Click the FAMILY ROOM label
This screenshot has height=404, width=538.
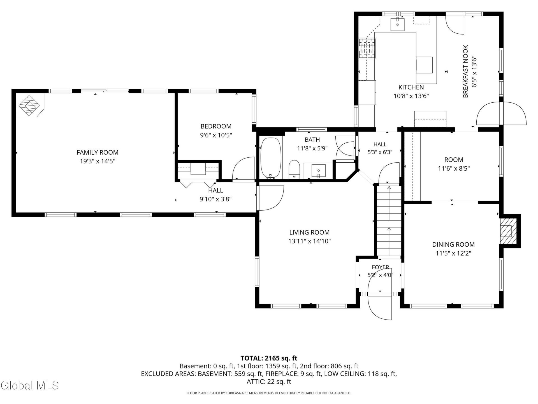point(98,152)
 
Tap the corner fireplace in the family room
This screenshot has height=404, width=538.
point(30,105)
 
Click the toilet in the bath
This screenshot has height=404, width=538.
point(294,169)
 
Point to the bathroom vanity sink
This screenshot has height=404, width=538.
point(319,171)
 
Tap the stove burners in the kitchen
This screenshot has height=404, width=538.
point(367,48)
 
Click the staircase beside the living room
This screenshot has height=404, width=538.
point(389,220)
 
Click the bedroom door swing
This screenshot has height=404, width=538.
point(244,168)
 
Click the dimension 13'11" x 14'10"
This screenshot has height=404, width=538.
point(309,241)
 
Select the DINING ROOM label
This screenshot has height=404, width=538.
point(453,244)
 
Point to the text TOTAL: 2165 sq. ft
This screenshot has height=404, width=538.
point(269,358)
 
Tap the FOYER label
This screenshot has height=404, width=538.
point(380,267)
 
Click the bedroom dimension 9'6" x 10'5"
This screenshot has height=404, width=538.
point(216,135)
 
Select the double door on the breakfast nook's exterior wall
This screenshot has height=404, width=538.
point(501,113)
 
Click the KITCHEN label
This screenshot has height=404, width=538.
point(411,87)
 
